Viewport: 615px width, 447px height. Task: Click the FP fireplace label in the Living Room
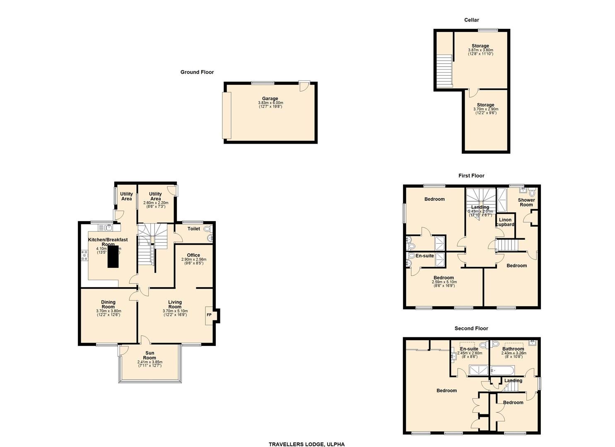click(209, 315)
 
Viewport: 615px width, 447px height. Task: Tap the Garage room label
click(270, 99)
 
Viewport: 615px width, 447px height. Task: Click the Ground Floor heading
click(197, 72)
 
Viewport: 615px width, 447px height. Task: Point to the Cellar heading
click(471, 20)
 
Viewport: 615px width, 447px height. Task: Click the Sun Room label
click(150, 356)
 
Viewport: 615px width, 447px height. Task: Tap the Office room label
click(193, 255)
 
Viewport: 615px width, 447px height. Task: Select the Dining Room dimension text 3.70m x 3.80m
click(109, 311)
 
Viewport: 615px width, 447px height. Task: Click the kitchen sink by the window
click(108, 227)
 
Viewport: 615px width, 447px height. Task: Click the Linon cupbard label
click(505, 222)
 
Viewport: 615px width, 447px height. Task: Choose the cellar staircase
click(444, 71)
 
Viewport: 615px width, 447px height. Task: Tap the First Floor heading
click(471, 175)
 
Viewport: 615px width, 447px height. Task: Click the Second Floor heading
click(471, 328)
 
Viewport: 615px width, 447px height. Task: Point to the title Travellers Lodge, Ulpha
click(306, 444)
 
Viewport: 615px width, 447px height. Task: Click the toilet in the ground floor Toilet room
click(207, 228)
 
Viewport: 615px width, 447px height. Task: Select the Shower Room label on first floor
click(526, 202)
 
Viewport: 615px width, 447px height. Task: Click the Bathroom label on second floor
click(513, 349)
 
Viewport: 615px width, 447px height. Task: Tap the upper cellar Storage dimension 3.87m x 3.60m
click(480, 50)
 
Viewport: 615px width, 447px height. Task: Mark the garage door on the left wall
click(227, 115)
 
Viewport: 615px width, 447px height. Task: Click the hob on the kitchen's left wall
click(85, 255)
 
